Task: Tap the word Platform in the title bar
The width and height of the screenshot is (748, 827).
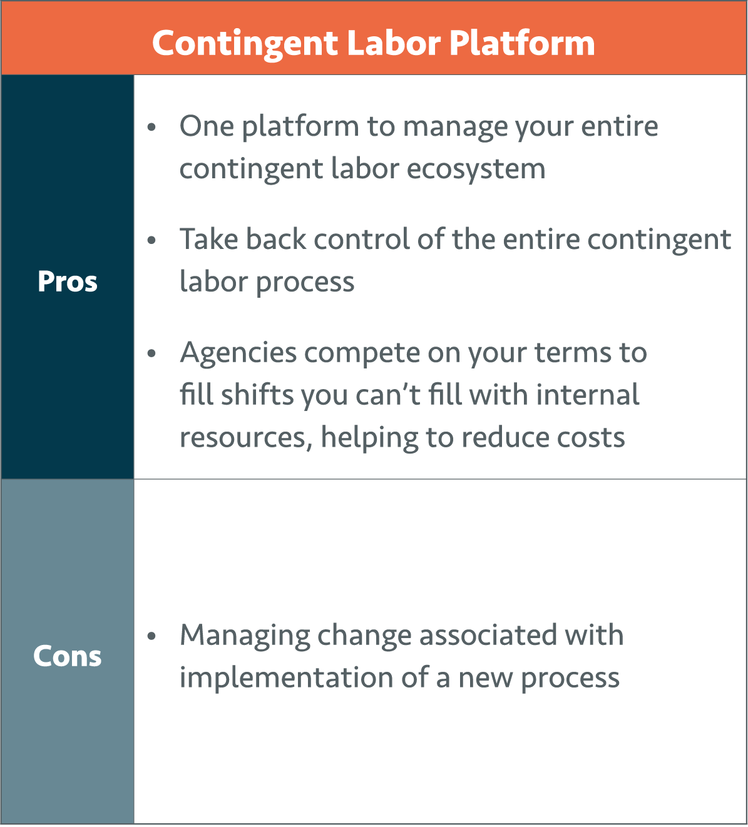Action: (x=522, y=43)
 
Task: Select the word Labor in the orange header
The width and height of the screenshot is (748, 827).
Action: (x=394, y=43)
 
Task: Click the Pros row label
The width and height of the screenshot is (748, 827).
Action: (x=68, y=282)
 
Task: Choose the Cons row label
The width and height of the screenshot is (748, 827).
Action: (x=67, y=656)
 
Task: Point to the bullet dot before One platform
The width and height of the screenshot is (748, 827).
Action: (x=151, y=127)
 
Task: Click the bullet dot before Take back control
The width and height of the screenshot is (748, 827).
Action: (x=151, y=240)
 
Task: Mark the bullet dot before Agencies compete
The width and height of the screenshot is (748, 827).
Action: (x=151, y=353)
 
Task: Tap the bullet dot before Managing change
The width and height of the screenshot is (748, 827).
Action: (x=151, y=636)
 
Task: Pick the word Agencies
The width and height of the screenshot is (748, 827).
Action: (x=238, y=353)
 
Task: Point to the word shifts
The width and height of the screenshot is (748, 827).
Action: (x=257, y=395)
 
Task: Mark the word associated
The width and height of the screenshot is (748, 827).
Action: (x=488, y=636)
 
